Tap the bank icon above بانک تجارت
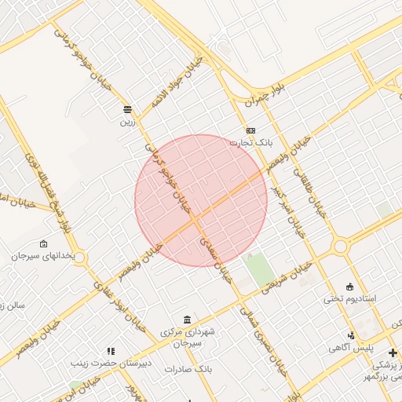[250, 130]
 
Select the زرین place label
[127, 122]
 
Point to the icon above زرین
[127, 109]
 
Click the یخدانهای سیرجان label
[47, 256]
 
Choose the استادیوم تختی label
[350, 299]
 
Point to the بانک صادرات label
[189, 367]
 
